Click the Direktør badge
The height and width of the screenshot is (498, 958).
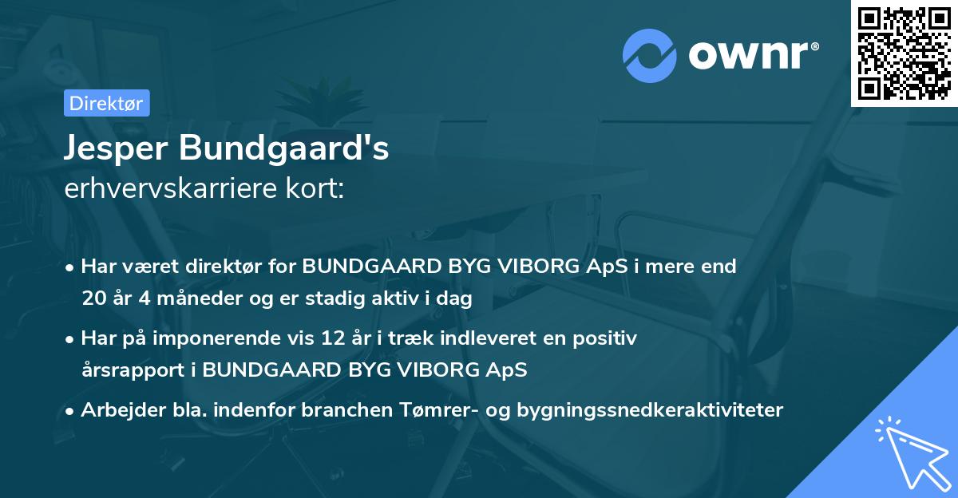click(106, 103)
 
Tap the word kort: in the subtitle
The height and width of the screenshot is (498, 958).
click(315, 188)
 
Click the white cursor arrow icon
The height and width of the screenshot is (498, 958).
click(910, 452)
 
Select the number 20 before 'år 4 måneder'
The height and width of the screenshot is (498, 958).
click(93, 298)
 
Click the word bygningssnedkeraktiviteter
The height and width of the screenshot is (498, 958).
click(650, 410)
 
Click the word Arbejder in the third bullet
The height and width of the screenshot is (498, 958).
click(116, 410)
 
